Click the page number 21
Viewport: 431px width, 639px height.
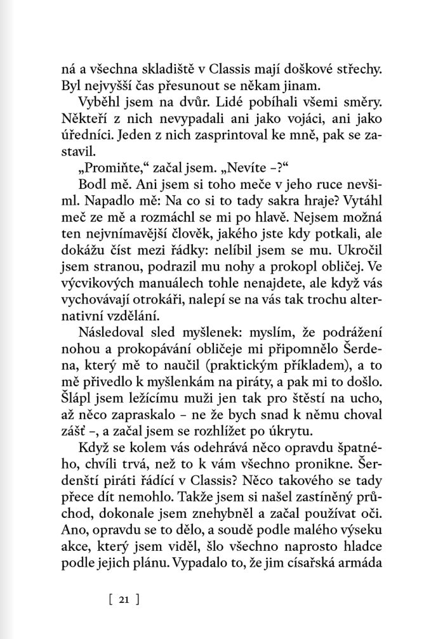pyautogui.click(x=123, y=598)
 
